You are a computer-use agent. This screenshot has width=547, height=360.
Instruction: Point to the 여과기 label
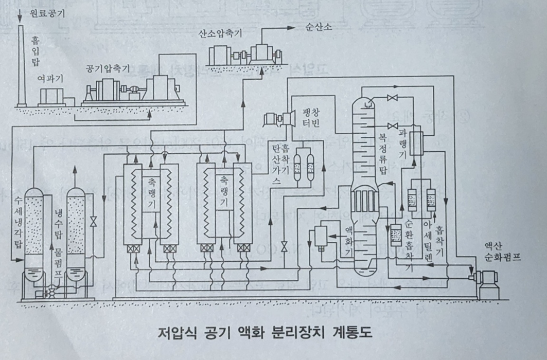click(50, 80)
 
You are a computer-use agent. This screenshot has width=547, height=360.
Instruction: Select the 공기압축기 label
click(108, 69)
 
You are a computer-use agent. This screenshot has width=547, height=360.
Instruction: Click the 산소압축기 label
click(221, 34)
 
